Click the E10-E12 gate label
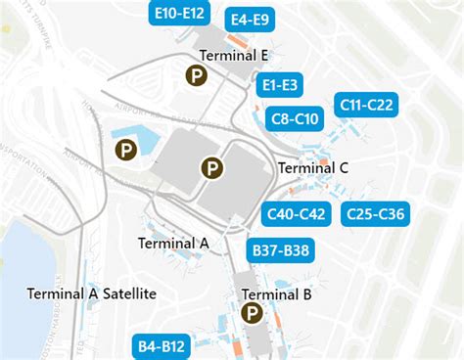click(180, 13)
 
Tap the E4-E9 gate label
click(249, 20)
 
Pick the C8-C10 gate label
click(292, 119)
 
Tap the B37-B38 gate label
click(281, 251)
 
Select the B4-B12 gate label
click(162, 346)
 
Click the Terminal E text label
click(233, 56)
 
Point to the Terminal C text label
click(313, 167)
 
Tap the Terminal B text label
click(276, 293)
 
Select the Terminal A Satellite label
click(92, 293)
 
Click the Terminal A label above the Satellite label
click(173, 243)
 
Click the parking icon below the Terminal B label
click(252, 314)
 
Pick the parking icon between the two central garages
click(211, 168)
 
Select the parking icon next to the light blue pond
click(126, 150)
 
